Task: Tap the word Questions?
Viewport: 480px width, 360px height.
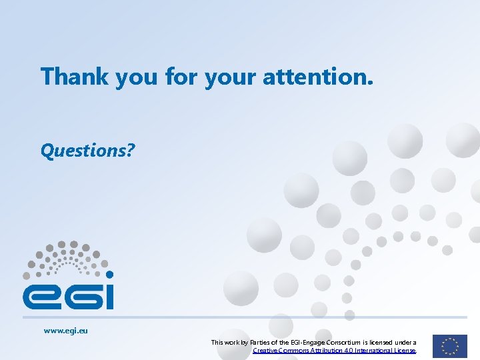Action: click(x=87, y=151)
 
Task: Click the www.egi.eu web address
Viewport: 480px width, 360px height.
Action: click(x=66, y=330)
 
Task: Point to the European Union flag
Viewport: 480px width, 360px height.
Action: click(x=449, y=346)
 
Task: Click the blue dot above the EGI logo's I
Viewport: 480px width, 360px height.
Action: click(x=109, y=275)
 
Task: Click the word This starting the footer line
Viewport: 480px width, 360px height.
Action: click(x=217, y=343)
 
